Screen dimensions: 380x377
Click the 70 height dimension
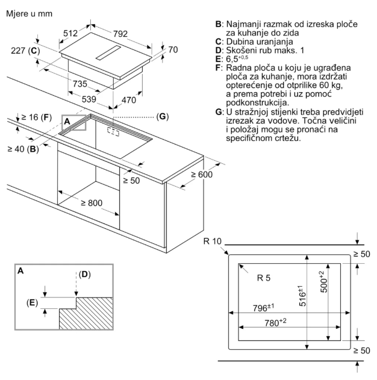coord(173,50)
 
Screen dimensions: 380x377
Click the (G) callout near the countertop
coord(161,116)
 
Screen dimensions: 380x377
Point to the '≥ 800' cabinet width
coord(91,203)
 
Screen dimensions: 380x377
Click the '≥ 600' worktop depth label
coord(202,175)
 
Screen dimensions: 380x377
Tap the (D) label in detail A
coord(84,275)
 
